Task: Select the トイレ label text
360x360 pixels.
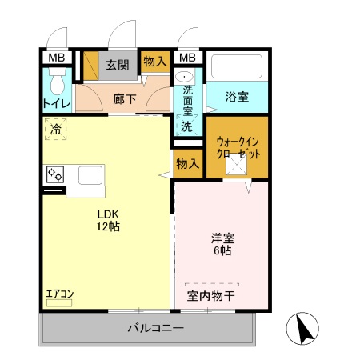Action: click(56, 103)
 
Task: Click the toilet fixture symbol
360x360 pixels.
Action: click(56, 82)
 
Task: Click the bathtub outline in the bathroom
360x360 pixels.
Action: click(236, 66)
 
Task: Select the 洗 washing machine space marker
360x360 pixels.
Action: click(186, 126)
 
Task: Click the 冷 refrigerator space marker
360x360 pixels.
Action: click(56, 128)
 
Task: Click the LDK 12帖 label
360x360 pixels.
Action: click(108, 220)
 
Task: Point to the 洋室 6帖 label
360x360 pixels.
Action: click(222, 244)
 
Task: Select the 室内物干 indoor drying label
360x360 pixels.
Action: click(211, 296)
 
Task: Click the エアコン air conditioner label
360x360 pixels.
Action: click(58, 293)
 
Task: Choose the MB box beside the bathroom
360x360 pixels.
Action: click(186, 58)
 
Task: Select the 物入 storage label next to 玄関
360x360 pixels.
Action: click(154, 62)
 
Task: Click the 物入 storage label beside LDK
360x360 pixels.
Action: click(187, 164)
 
